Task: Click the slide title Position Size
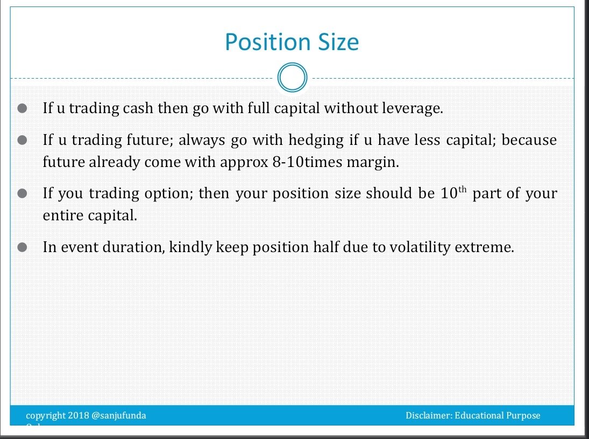click(x=292, y=42)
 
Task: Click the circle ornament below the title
click(x=292, y=78)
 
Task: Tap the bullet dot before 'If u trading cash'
click(x=22, y=108)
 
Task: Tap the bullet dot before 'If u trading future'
click(x=22, y=140)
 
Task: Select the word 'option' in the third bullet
click(x=170, y=193)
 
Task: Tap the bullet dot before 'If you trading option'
click(x=22, y=193)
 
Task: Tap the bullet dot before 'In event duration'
click(x=22, y=247)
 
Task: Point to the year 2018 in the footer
click(x=79, y=415)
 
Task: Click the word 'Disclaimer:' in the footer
click(x=429, y=415)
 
